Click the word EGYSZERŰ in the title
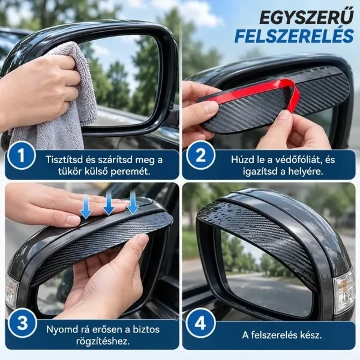pos(307,17)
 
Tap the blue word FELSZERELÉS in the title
pos(294,36)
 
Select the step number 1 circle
pos(22,155)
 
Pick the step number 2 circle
pos(200,155)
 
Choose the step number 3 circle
pos(22,323)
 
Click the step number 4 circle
pos(200,323)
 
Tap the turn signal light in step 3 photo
pos(11,292)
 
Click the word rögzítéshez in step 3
pos(103,341)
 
